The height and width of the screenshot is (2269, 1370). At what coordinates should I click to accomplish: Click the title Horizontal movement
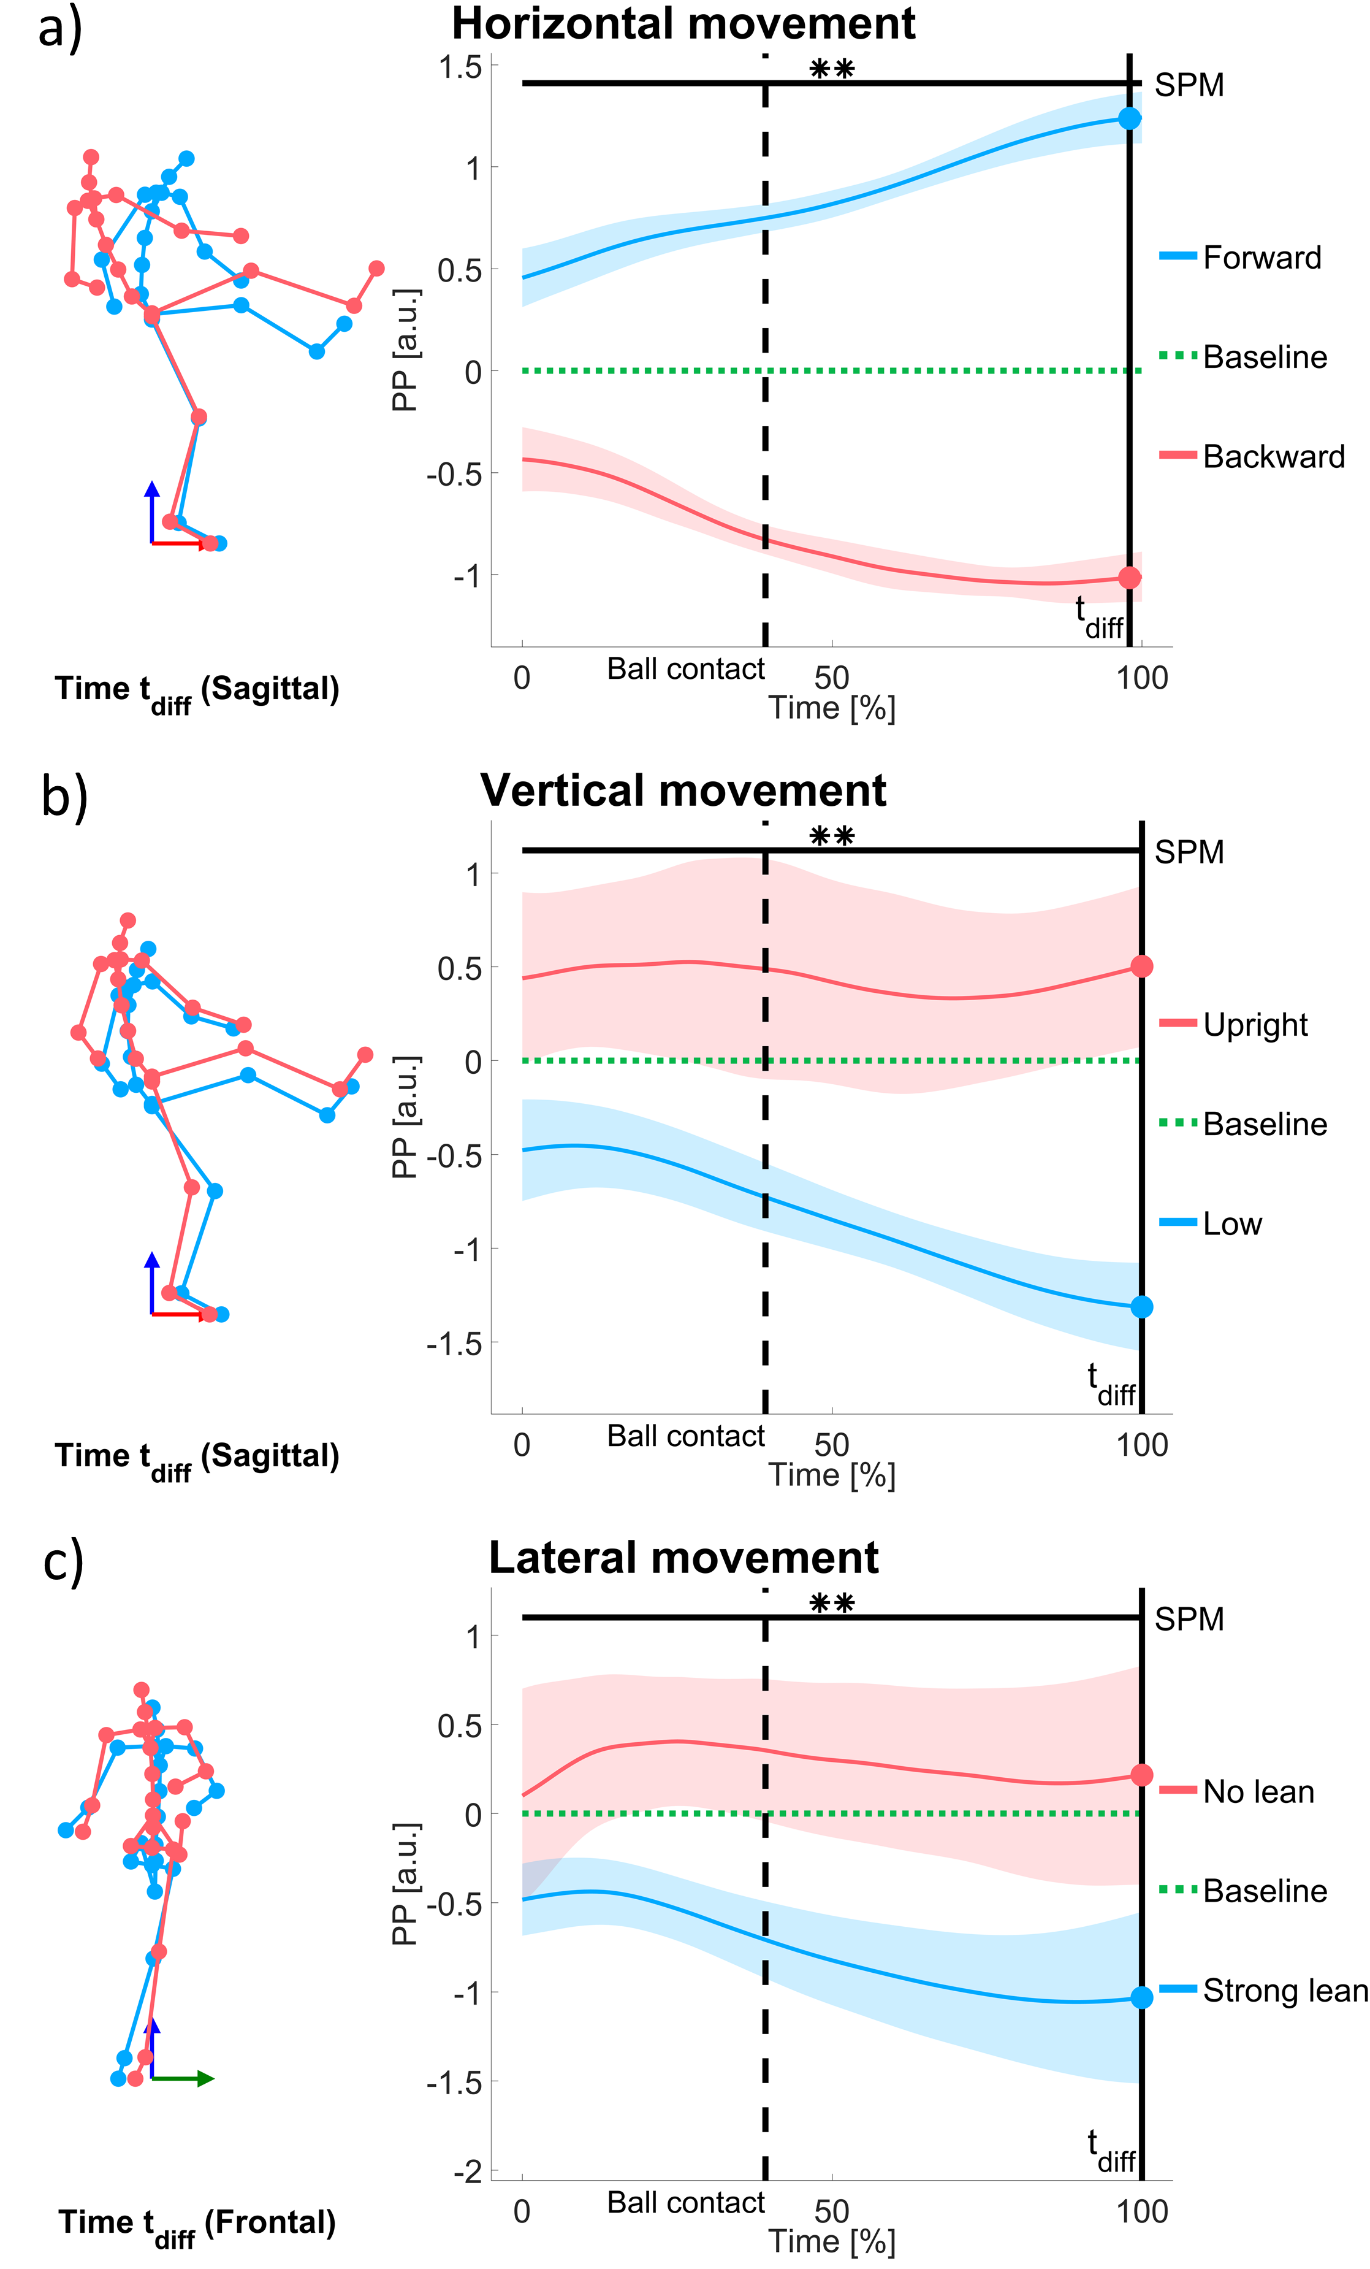(x=683, y=24)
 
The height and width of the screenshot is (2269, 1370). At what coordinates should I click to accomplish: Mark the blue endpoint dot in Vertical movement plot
(x=1141, y=1307)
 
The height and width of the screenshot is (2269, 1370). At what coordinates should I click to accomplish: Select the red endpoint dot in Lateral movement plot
(x=1141, y=1775)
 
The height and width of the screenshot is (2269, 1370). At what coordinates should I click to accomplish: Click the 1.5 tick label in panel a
(x=460, y=67)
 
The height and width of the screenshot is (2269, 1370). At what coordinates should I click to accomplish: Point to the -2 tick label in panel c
(x=467, y=2170)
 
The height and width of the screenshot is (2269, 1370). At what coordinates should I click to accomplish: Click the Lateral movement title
(x=683, y=1558)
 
